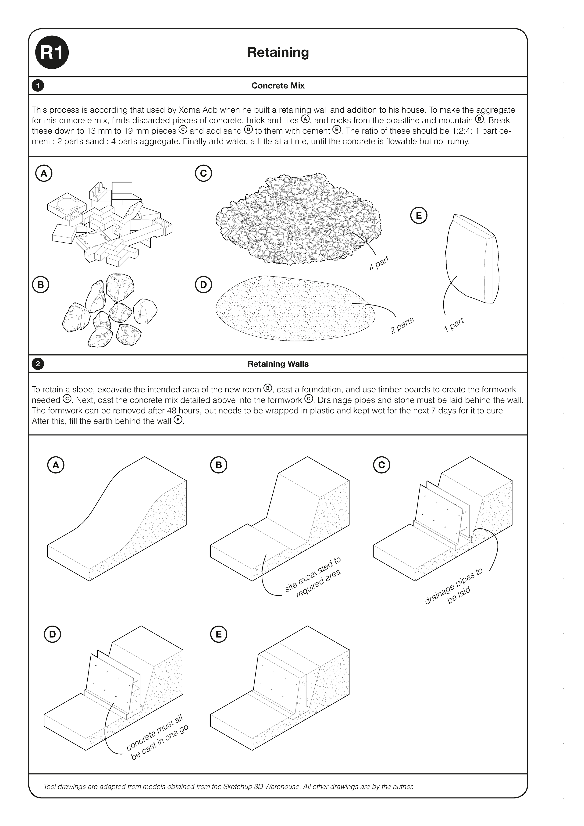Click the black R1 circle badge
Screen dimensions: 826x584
(x=52, y=53)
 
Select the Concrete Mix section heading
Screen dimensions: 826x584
(x=278, y=86)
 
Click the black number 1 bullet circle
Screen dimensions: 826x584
(x=38, y=86)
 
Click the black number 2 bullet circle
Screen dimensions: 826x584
(x=38, y=364)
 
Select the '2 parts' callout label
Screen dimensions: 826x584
(x=402, y=325)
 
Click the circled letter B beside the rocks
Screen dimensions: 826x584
(x=41, y=285)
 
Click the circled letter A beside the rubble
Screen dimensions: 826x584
(x=44, y=173)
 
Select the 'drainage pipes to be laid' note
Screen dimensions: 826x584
(x=453, y=589)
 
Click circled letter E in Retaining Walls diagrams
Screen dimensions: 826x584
(x=218, y=634)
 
